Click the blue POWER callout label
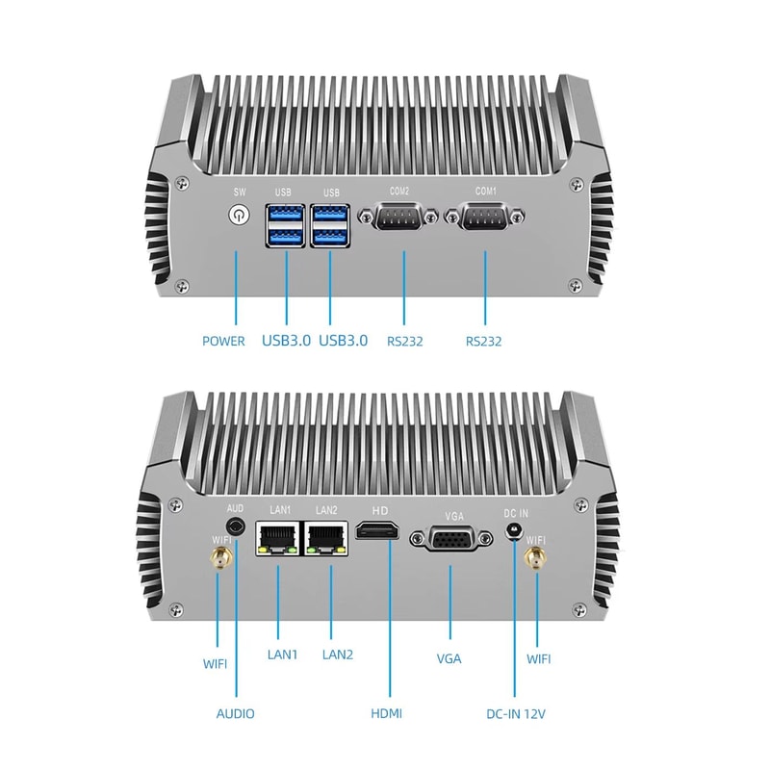tap(223, 341)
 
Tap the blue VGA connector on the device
tap(449, 540)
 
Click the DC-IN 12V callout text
tap(517, 713)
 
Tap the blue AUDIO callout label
tap(236, 713)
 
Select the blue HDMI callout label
tap(386, 713)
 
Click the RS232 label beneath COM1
tap(483, 341)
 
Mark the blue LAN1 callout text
tap(282, 654)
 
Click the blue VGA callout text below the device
tap(449, 658)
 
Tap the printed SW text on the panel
tap(237, 191)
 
